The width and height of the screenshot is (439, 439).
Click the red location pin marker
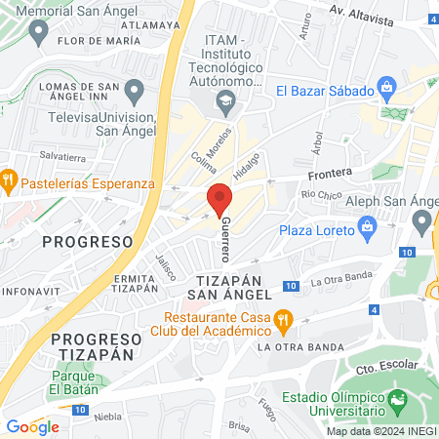219,198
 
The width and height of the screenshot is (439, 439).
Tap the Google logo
32,426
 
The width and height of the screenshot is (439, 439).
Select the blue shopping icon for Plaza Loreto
367,230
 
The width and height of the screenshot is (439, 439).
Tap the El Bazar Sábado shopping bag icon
388,90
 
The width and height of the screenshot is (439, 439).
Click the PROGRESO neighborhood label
88,241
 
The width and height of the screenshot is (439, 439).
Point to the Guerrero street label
226,240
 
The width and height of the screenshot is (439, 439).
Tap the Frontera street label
329,174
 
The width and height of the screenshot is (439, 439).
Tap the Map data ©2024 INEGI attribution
379,430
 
